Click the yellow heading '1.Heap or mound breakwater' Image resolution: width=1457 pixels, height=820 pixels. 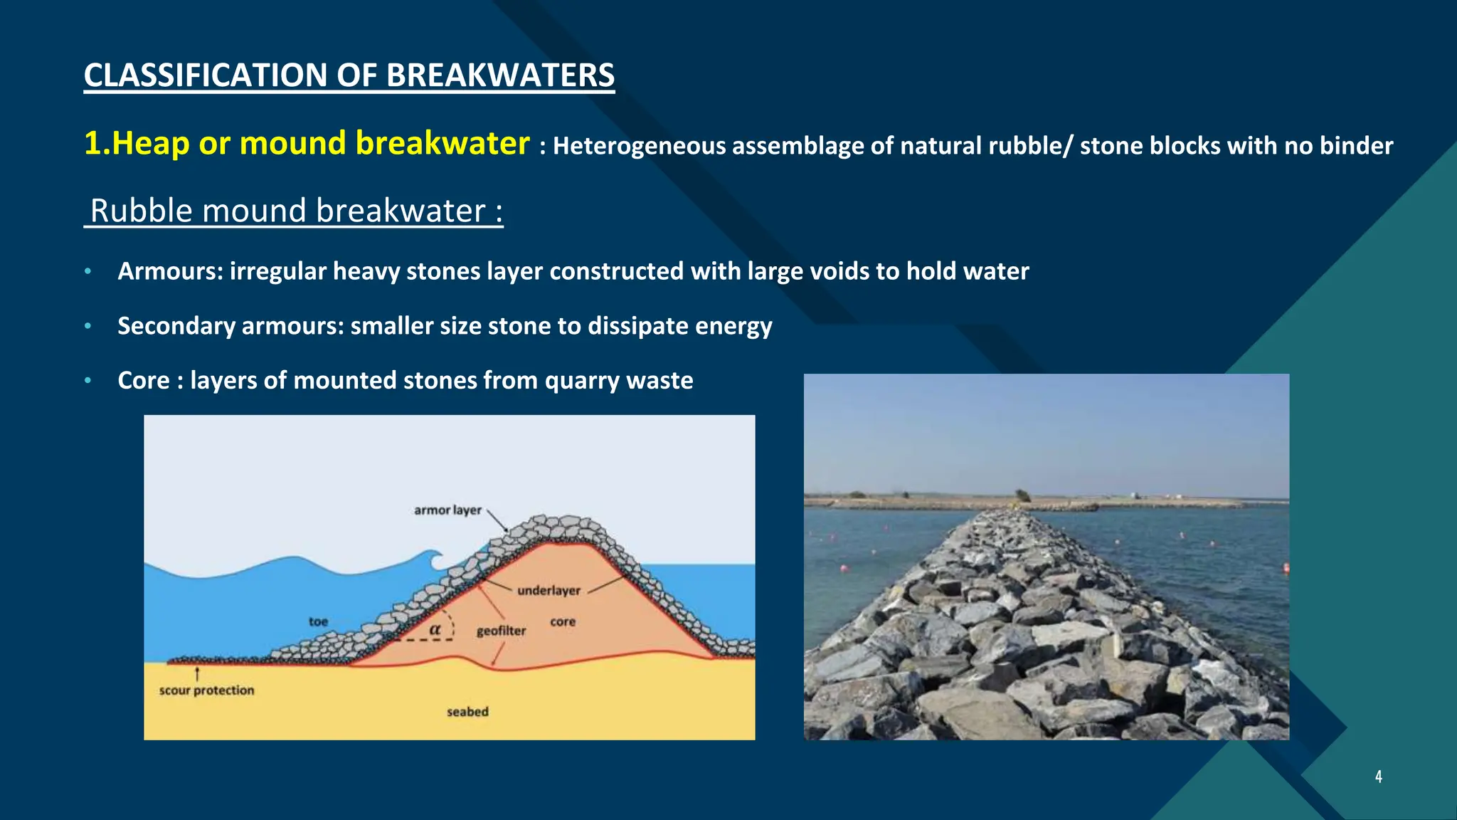307,143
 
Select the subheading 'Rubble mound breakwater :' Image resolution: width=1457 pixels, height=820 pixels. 295,211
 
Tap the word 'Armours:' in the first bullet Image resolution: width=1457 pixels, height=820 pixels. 170,271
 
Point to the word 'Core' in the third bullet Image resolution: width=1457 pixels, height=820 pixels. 143,380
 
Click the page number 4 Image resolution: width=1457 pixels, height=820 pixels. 1378,777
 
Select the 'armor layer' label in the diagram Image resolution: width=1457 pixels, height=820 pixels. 447,510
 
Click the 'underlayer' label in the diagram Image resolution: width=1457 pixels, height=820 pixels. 549,591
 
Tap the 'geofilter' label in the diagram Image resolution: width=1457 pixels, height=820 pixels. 501,631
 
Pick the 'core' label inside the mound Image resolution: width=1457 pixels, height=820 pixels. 562,621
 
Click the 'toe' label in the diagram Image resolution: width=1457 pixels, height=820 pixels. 318,621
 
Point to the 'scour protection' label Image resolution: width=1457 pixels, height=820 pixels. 206,690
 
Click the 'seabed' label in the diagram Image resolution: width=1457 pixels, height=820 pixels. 467,712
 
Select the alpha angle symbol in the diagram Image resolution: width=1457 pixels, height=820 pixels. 435,630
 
